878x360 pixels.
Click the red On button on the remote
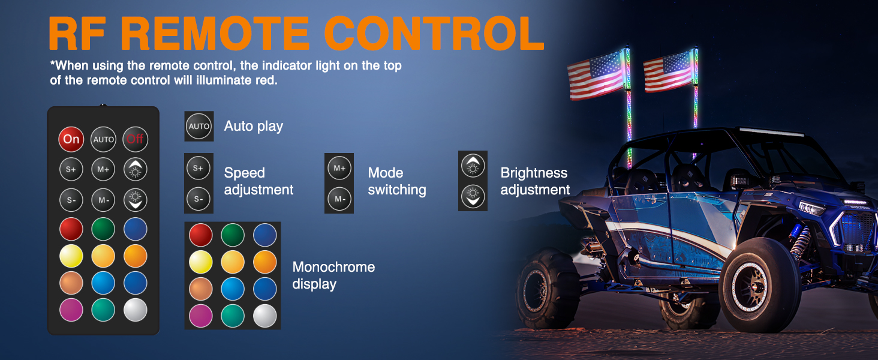[71, 139]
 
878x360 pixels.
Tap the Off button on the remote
[135, 139]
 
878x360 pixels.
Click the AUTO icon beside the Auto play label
[199, 127]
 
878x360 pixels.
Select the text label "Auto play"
[253, 127]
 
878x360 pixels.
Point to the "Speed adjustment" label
[258, 181]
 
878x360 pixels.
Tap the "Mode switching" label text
[397, 181]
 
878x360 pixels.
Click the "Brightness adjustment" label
[535, 181]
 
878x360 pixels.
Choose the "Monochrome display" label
[333, 275]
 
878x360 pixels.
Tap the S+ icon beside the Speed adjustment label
[199, 169]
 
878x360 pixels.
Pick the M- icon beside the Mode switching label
[339, 199]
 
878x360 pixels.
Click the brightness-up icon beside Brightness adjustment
[473, 166]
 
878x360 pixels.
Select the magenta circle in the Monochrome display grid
[201, 316]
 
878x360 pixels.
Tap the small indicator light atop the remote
[103, 106]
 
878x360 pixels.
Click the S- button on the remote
[71, 200]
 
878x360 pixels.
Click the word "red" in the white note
[267, 80]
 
